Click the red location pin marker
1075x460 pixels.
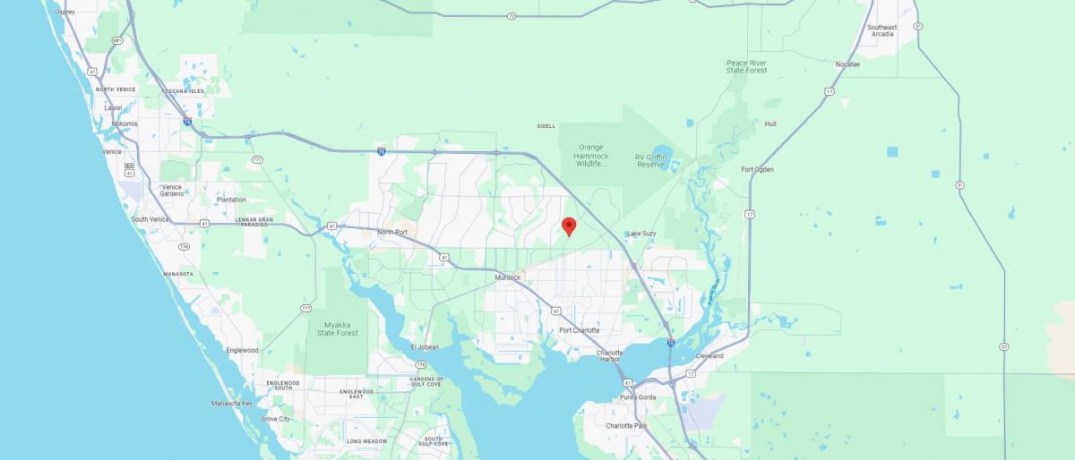point(568,226)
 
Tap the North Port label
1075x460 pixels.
point(392,233)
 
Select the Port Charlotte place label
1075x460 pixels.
point(579,330)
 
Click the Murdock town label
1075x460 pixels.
point(507,277)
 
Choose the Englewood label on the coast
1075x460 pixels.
point(242,350)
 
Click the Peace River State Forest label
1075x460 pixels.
point(747,66)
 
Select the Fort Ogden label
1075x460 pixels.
point(757,169)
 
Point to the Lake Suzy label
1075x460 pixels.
point(642,234)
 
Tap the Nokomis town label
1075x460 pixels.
point(119,124)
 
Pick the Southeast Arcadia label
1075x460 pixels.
point(881,30)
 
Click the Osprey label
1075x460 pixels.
point(64,13)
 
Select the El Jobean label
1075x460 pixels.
point(424,346)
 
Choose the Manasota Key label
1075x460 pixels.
point(232,404)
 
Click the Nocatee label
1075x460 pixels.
point(847,64)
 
